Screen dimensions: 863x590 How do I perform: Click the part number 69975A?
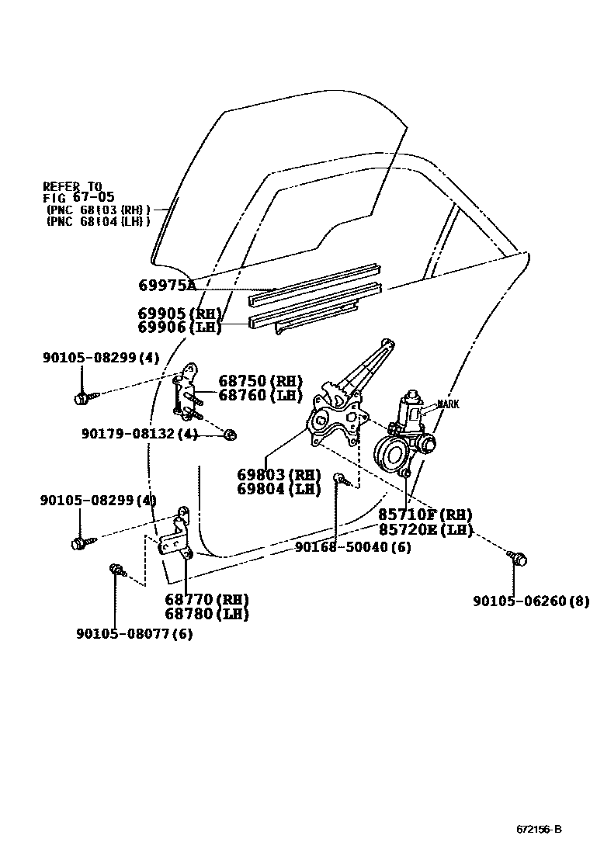point(167,286)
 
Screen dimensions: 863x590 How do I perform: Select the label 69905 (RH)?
point(180,314)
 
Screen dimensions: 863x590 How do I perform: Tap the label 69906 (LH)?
point(180,328)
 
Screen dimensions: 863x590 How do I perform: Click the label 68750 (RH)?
point(260,381)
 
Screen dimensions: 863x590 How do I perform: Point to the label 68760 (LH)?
point(260,395)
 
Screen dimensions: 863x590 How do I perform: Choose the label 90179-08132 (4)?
point(140,434)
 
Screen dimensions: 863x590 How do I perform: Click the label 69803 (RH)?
point(279,475)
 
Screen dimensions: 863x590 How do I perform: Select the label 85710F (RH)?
point(425,515)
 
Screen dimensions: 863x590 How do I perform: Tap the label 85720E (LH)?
point(425,529)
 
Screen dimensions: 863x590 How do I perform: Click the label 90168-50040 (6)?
point(353,547)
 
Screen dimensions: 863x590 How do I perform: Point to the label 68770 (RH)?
point(206,600)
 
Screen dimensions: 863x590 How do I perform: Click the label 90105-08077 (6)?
point(134,634)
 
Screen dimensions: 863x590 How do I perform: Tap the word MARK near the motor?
point(448,404)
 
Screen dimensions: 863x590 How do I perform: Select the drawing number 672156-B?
point(539,830)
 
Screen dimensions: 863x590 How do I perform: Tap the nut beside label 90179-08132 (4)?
point(230,434)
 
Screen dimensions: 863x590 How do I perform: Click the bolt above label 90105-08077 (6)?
point(116,571)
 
